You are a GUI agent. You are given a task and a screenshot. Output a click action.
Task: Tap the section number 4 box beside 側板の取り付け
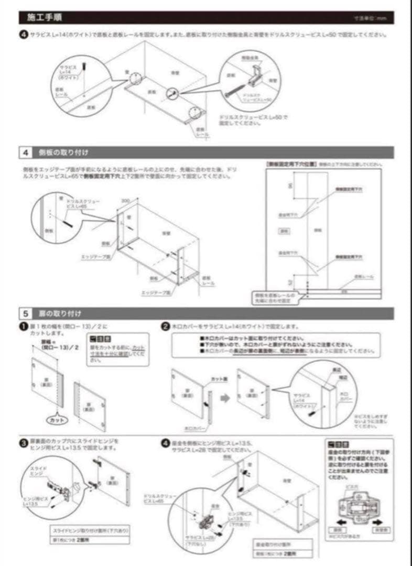pyautogui.click(x=26, y=153)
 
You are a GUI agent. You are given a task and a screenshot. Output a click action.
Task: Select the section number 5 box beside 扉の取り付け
pyautogui.click(x=26, y=314)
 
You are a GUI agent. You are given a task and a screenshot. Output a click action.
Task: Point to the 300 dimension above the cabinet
pyautogui.click(x=125, y=201)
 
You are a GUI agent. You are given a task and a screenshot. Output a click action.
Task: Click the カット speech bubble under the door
pyautogui.click(x=57, y=420)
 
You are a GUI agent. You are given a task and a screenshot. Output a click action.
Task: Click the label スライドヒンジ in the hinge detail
pyautogui.click(x=40, y=471)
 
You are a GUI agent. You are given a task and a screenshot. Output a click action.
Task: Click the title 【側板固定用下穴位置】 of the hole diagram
pyautogui.click(x=291, y=164)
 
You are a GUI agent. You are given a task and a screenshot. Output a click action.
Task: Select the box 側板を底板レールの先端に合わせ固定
pyautogui.click(x=273, y=298)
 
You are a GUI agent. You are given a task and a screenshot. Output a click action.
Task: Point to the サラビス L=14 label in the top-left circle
pyautogui.click(x=69, y=72)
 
